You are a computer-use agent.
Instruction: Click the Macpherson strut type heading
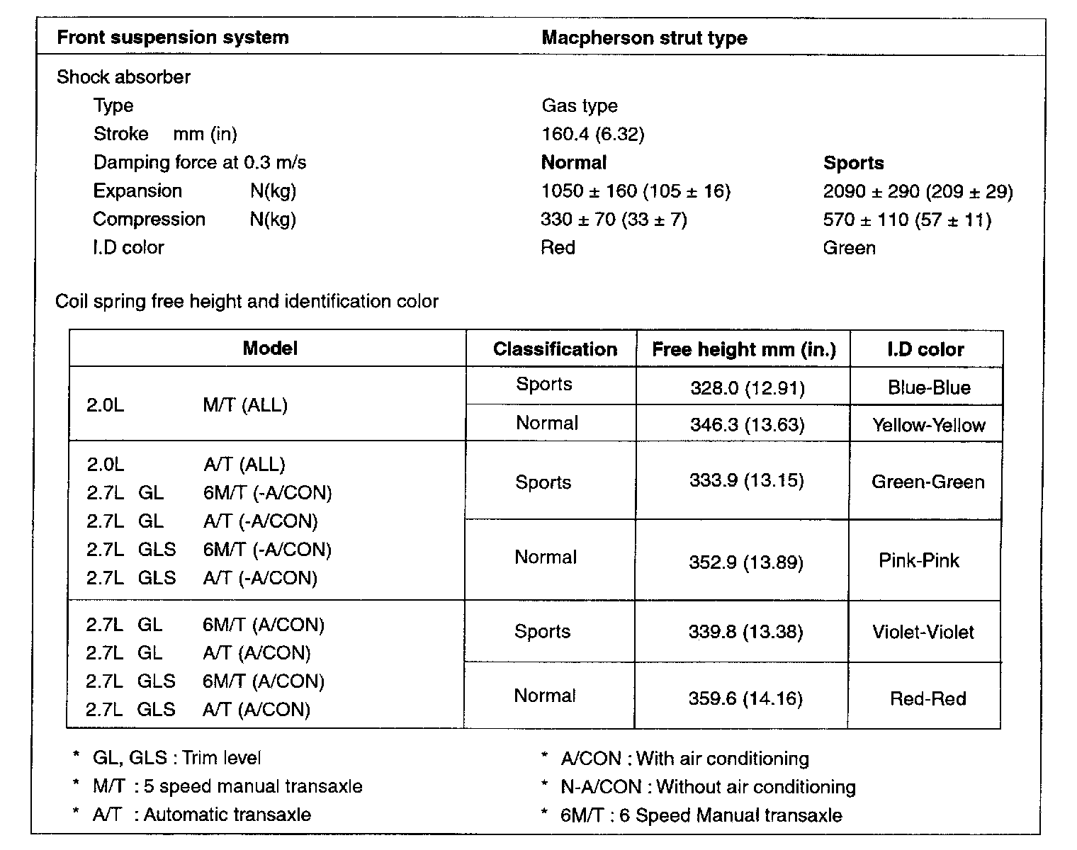pos(644,38)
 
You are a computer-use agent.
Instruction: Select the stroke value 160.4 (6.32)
pos(592,134)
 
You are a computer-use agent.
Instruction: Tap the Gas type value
pos(579,106)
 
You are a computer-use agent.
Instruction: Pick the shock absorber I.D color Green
pos(849,248)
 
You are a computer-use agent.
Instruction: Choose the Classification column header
pos(555,349)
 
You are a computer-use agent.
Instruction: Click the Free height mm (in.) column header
pos(743,349)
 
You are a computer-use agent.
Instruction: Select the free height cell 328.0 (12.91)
pos(747,388)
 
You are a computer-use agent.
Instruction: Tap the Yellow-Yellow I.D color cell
pos(928,425)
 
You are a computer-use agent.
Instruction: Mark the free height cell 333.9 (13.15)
pos(746,481)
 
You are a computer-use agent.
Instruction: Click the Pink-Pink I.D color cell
pos(918,561)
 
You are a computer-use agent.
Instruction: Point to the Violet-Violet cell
pos(923,633)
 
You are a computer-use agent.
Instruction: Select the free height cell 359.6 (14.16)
pos(745,699)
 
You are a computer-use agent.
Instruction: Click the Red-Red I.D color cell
pos(927,699)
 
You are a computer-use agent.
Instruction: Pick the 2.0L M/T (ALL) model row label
pos(187,406)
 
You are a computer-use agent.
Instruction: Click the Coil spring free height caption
pos(247,302)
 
